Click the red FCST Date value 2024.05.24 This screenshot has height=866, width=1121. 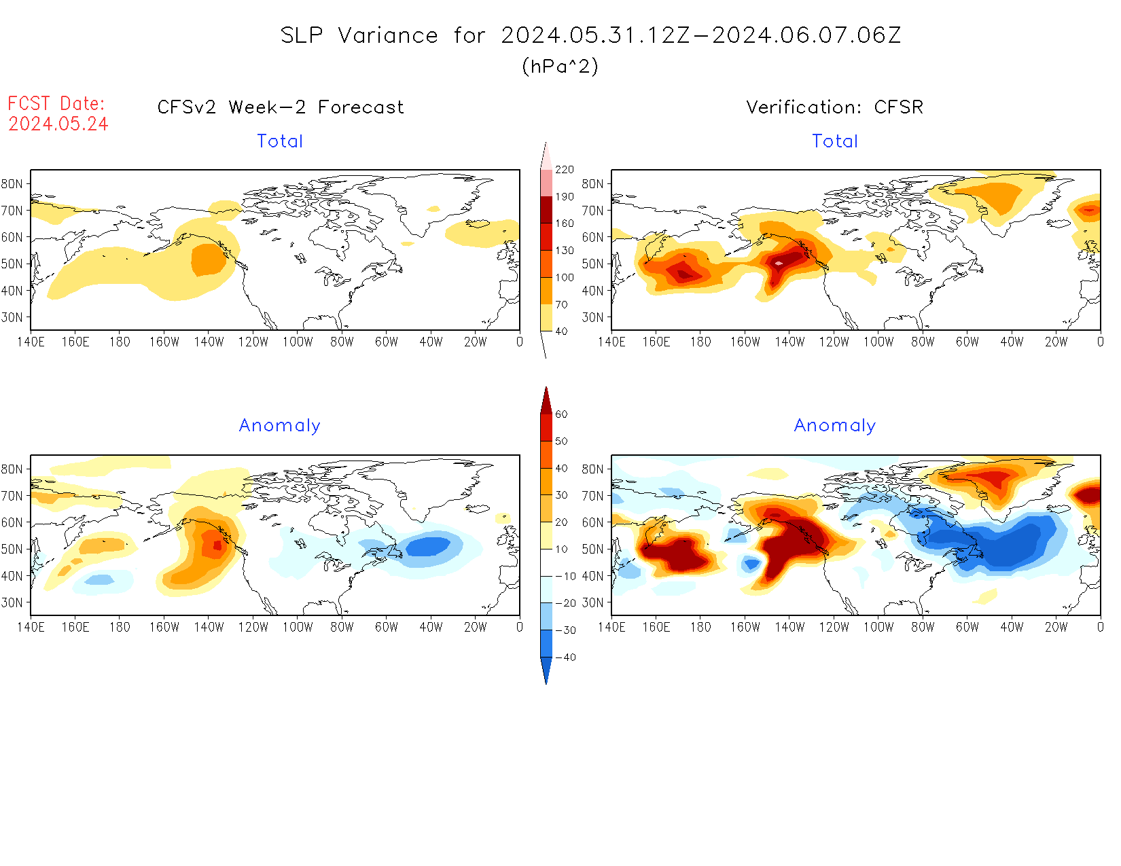point(58,124)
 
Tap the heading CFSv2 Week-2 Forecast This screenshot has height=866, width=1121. point(281,107)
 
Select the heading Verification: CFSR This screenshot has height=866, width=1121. point(835,107)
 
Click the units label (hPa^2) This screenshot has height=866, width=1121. point(560,66)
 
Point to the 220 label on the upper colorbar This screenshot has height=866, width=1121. point(565,170)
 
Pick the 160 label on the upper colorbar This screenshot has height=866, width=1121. point(565,223)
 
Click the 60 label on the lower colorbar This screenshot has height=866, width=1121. point(561,414)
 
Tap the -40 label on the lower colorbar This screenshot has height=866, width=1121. point(565,657)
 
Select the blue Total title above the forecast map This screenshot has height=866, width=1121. point(280,141)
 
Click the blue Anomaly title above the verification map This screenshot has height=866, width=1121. point(835,426)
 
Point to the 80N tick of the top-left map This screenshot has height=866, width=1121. point(12,184)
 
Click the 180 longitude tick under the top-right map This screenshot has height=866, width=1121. point(700,342)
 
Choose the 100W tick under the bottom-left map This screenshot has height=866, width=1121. point(298,628)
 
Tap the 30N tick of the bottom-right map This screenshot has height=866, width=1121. point(592,602)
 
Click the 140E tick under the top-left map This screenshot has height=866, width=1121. point(31,342)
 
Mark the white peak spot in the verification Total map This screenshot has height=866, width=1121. point(779,263)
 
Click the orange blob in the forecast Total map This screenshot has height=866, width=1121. point(209,259)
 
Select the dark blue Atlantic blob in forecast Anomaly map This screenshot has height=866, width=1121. point(427,546)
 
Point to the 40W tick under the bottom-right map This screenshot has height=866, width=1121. point(1012,628)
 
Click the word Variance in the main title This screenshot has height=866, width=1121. point(388,35)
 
